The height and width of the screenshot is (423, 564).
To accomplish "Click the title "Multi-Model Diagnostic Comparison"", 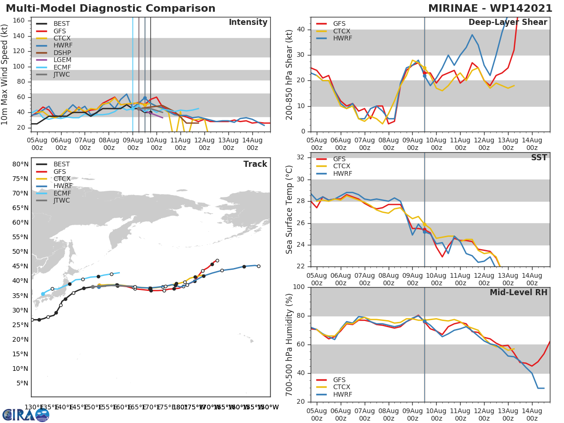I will click(110, 8).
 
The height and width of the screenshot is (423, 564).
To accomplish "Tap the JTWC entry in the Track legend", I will click(62, 201).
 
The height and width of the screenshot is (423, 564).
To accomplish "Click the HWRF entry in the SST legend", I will click(342, 174).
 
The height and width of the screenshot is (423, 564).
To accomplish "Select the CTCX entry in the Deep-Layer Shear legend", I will click(342, 31).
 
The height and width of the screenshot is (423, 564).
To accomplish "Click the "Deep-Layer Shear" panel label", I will click(508, 23).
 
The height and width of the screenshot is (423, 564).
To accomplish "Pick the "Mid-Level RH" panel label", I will click(518, 292).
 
